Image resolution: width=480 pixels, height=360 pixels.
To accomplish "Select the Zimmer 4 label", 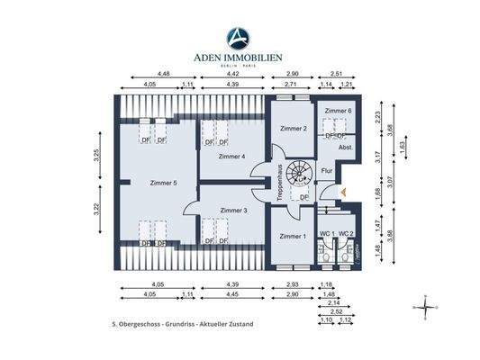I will click(x=231, y=157).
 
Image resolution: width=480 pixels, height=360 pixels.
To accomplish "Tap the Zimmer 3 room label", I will click(x=233, y=210).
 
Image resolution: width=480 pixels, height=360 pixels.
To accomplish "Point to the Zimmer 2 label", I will click(x=294, y=129).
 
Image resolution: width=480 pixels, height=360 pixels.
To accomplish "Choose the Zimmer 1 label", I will click(x=293, y=236).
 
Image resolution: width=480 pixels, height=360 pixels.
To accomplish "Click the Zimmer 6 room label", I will click(x=339, y=111).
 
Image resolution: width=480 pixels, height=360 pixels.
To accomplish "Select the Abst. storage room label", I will click(x=345, y=147).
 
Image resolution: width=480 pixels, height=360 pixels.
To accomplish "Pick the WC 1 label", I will click(x=327, y=234).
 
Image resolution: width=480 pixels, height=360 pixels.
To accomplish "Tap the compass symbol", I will click(x=424, y=307).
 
